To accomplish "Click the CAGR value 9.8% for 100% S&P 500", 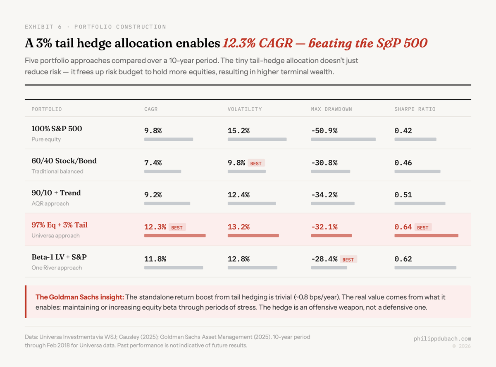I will (x=153, y=131).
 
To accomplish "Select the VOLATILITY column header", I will (x=245, y=109).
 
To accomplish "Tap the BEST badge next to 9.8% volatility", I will (x=256, y=163).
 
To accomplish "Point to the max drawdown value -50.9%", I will (x=324, y=131).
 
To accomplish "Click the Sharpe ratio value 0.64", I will (x=403, y=227).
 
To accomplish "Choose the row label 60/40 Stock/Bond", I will (x=64, y=161).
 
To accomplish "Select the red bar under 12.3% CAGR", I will (x=175, y=235).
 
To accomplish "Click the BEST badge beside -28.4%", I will (x=348, y=259).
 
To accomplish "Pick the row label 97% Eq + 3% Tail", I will (x=60, y=225).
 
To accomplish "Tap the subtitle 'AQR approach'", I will (x=50, y=204).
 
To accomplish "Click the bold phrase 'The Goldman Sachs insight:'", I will (x=79, y=297).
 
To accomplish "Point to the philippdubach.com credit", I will (x=442, y=339).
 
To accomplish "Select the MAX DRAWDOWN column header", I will (x=331, y=109).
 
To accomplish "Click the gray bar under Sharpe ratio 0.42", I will (x=415, y=140).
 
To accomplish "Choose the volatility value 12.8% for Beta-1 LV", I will (x=238, y=259).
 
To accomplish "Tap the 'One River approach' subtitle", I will (x=57, y=268).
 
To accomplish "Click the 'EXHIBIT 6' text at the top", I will (x=43, y=27).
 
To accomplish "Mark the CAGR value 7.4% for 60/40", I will (x=153, y=163).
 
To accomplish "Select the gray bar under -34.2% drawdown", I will (x=333, y=204).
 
